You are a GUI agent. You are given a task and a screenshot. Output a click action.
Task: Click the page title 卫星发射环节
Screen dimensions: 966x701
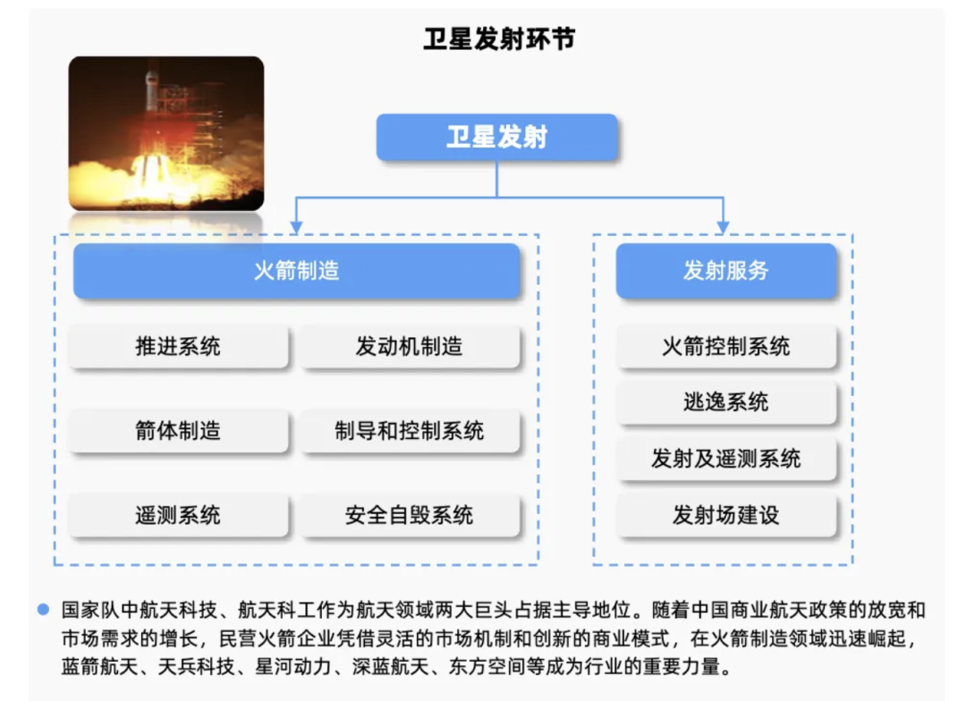(499, 38)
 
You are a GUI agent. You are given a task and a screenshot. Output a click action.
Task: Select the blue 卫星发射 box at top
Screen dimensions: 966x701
(497, 137)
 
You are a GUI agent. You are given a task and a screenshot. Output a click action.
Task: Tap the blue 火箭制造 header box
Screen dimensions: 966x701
(296, 271)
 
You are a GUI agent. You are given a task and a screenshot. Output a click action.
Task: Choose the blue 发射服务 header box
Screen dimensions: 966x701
(726, 271)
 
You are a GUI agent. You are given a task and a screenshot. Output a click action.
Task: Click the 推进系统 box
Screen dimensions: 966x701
(178, 347)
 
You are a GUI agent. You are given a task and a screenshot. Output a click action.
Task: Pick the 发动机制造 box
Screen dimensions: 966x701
(410, 347)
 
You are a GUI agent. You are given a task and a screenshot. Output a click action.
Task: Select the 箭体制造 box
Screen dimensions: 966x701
(178, 431)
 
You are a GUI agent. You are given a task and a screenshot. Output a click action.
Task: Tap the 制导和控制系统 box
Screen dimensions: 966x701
(410, 431)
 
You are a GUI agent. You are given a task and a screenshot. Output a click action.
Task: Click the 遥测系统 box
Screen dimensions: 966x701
(178, 515)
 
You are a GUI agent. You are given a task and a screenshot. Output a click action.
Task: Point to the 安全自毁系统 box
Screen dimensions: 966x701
(410, 515)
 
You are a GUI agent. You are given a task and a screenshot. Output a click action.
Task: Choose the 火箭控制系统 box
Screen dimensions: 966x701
(726, 347)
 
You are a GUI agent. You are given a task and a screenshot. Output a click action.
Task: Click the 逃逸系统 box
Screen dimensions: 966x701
(726, 403)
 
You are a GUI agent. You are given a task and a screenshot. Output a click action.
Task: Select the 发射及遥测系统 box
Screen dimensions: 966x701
(726, 459)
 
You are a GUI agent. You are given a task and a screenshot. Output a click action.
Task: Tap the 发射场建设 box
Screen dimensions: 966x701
(726, 515)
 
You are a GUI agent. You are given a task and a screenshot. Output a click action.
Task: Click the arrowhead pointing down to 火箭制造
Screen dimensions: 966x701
(296, 228)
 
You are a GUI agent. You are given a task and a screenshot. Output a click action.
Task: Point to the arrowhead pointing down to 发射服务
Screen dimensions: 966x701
(724, 228)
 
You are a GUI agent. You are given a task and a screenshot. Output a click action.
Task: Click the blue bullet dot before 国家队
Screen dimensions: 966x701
(43, 610)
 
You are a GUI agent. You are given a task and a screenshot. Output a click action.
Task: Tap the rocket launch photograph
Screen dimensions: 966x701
(166, 133)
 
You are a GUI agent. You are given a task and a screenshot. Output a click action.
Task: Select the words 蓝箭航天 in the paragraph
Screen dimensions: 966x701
(99, 666)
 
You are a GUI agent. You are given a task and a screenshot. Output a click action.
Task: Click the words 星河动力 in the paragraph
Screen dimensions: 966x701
(293, 666)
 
